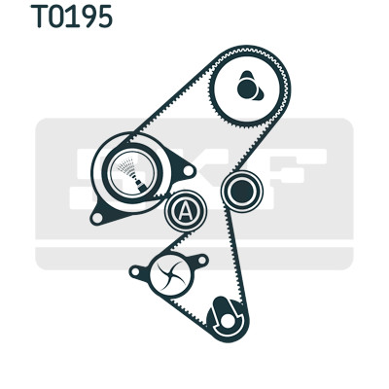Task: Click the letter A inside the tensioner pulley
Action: coord(185,211)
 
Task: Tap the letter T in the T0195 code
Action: coord(39,17)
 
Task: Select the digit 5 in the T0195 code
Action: coord(103,17)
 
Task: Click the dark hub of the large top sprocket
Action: coord(249,88)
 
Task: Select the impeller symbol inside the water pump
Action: coord(171,275)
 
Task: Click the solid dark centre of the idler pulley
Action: coord(241,192)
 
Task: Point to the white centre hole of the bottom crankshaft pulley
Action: coord(227,320)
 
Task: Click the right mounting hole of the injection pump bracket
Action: coord(188,171)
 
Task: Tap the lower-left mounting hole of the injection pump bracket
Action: coord(96,218)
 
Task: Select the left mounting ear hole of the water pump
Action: coord(135,270)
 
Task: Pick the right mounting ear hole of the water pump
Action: coord(201,260)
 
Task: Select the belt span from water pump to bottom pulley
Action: coord(188,311)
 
